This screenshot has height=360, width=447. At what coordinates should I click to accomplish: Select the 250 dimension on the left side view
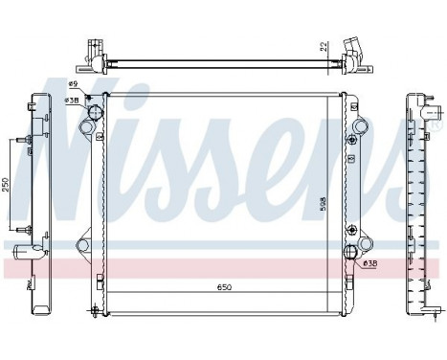click(x=8, y=185)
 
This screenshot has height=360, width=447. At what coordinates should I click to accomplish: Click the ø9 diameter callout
click(x=73, y=88)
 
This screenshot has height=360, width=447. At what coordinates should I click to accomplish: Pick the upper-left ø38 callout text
click(x=71, y=100)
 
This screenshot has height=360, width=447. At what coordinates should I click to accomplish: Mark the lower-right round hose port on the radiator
click(x=353, y=253)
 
